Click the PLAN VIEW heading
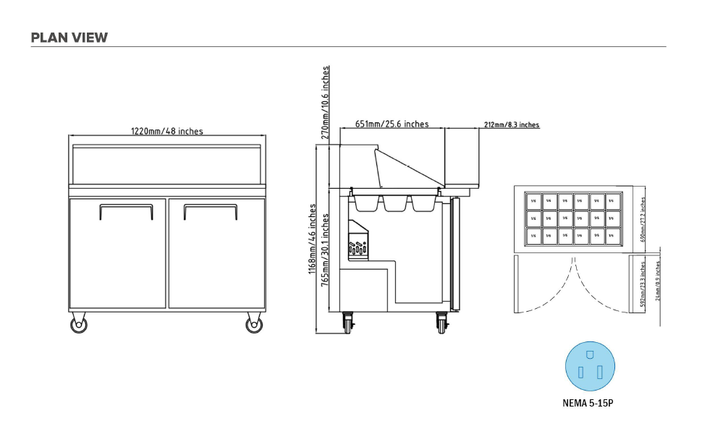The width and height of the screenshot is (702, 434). tap(69, 38)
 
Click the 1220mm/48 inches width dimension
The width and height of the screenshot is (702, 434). tap(166, 131)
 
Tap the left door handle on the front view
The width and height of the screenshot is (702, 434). tap(126, 210)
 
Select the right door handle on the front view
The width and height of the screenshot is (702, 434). tap(210, 210)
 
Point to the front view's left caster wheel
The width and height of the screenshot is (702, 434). tap(79, 324)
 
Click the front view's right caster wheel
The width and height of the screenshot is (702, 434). tap(254, 324)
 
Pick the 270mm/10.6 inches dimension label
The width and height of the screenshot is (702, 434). tap(326, 102)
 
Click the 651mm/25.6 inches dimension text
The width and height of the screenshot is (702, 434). tap(392, 124)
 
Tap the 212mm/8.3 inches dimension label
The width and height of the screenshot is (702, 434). tap(511, 124)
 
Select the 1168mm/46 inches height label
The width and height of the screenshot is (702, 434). tap(313, 239)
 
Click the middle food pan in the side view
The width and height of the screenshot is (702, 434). tap(394, 203)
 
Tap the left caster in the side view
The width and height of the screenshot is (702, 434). tap(349, 322)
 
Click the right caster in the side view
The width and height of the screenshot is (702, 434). tap(441, 322)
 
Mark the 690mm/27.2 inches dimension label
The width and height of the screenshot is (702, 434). tap(643, 220)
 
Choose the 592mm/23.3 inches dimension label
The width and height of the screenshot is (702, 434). tap(643, 284)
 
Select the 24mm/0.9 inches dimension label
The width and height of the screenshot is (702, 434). tap(658, 281)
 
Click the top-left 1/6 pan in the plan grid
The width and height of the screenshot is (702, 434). tap(533, 200)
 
